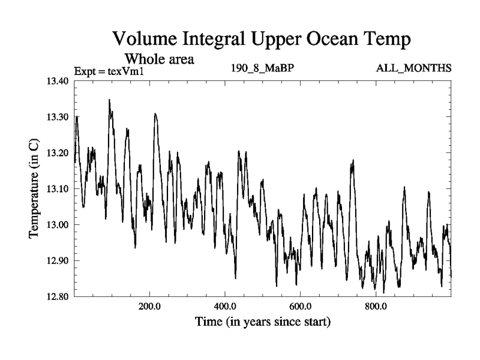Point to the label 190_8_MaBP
click(262, 67)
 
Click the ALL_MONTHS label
click(413, 67)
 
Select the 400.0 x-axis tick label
click(224, 307)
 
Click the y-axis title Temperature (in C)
click(35, 189)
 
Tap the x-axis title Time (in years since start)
click(262, 322)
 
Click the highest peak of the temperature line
click(109, 100)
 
